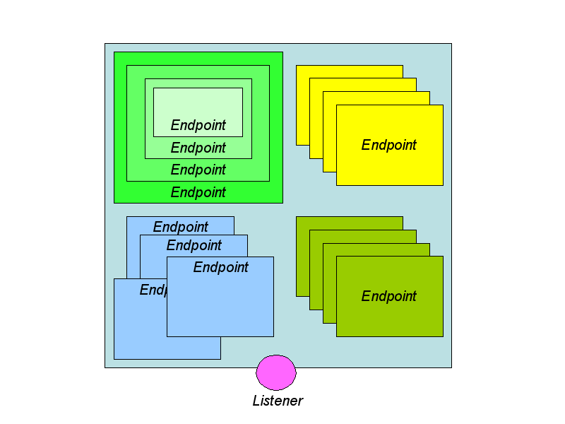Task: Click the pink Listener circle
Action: point(276,372)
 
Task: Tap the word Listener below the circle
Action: point(278,401)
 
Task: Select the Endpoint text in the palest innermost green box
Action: point(198,125)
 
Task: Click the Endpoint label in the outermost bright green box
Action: point(198,192)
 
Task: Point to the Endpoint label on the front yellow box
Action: point(389,145)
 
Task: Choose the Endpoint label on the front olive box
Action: point(389,296)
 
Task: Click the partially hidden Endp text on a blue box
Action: point(153,290)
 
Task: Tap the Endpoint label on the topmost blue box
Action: point(181,227)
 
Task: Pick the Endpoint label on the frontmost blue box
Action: point(221,267)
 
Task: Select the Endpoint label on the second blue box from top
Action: point(194,245)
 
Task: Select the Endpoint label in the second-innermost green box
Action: point(198,148)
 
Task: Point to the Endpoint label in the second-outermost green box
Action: point(198,170)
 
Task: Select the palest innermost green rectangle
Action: point(198,105)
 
